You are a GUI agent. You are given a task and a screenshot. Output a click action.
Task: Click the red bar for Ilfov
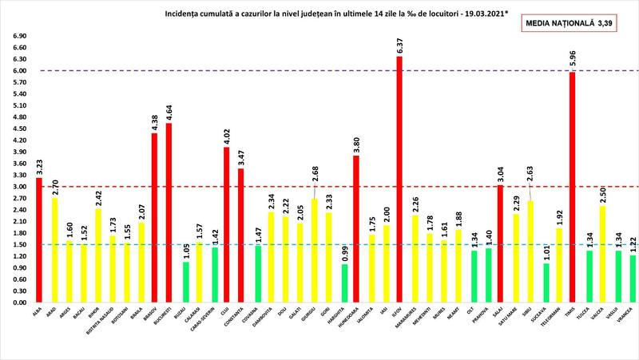(399, 180)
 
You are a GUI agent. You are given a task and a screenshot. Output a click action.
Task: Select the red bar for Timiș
(572, 188)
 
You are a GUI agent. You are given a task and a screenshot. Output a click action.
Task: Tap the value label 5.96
(572, 61)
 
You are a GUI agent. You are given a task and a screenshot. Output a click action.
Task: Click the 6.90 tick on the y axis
(17, 36)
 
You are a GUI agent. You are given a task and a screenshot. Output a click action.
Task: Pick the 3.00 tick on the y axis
(17, 187)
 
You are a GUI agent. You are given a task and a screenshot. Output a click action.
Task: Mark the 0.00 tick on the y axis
(17, 303)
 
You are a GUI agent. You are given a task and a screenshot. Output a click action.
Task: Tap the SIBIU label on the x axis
(529, 315)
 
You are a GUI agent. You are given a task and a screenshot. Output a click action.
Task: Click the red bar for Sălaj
(500, 244)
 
